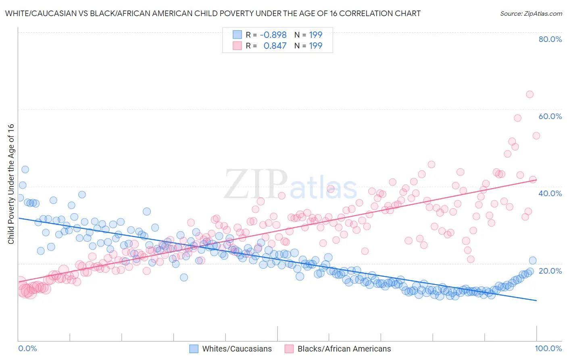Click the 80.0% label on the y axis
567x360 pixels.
(550, 39)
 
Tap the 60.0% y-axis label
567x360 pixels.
(550, 116)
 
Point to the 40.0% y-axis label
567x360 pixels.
(550, 193)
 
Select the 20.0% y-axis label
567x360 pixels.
(550, 270)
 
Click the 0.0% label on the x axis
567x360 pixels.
(28, 348)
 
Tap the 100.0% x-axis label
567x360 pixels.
(548, 348)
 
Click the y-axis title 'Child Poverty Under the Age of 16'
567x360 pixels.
(11, 184)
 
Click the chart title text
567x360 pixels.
(213, 13)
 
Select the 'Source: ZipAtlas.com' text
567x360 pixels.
(531, 13)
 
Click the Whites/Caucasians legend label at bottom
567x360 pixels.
(237, 349)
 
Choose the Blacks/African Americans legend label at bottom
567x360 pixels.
(344, 349)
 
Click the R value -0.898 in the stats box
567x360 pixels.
(273, 35)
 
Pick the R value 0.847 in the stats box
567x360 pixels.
(275, 46)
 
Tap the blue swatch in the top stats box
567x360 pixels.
(237, 35)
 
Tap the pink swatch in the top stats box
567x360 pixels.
(237, 46)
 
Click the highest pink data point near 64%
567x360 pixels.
(529, 94)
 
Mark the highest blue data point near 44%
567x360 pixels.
(25, 170)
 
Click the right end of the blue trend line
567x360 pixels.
(536, 300)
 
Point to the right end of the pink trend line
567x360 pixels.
(536, 180)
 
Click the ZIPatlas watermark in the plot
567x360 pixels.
(290, 185)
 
